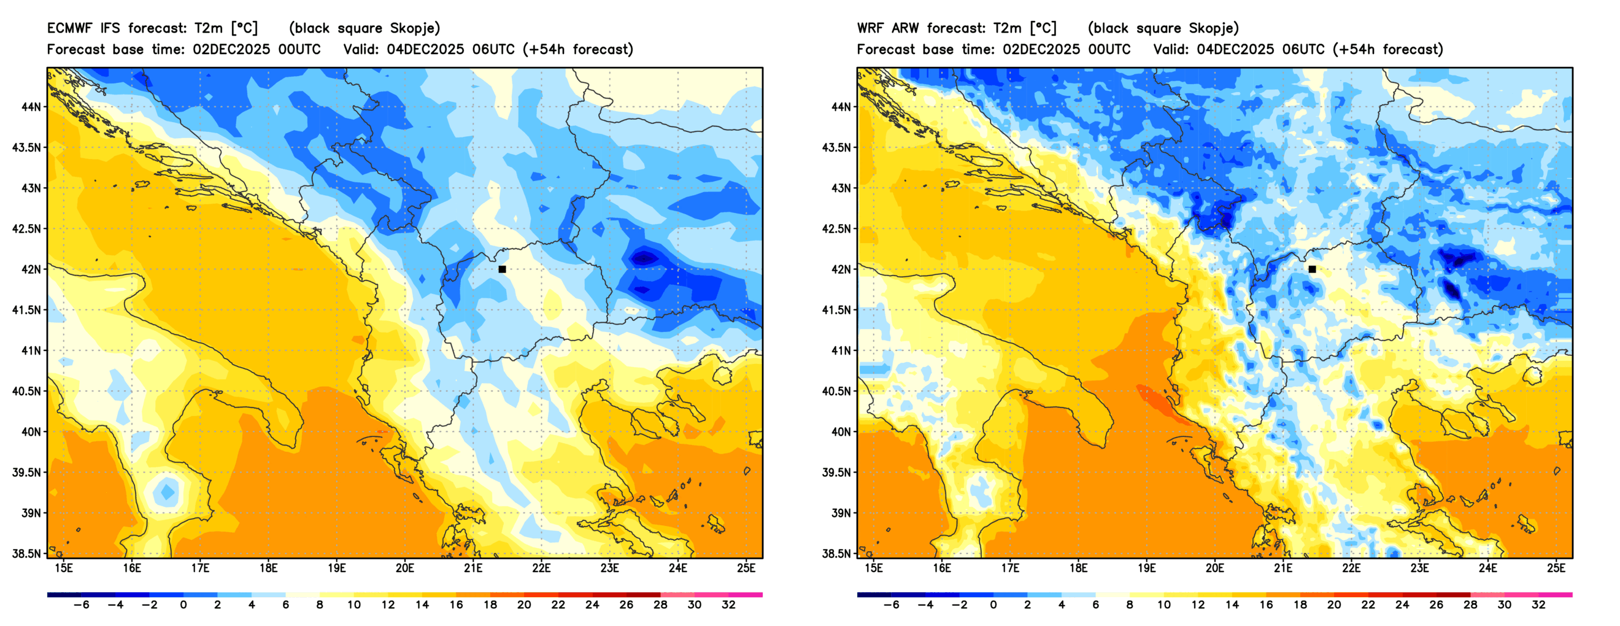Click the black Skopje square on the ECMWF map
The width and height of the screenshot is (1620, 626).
pos(502,269)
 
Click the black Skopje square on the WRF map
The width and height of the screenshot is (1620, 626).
pos(1312,269)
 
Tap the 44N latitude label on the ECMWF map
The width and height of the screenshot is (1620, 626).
pos(31,107)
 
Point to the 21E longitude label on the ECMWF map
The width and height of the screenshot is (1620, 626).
pos(473,568)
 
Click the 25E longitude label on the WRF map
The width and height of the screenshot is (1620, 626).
pos(1556,568)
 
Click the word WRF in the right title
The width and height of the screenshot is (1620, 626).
pos(869,28)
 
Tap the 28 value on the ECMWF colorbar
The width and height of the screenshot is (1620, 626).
pos(660,605)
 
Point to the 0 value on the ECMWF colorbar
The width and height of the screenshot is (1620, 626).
pos(183,605)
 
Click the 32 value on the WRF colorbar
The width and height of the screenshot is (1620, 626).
pos(1538,605)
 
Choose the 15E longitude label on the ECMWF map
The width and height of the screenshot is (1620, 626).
pos(64,568)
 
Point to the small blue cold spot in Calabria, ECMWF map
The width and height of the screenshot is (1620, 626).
pos(168,492)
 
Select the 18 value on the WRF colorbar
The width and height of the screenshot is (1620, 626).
pos(1300,605)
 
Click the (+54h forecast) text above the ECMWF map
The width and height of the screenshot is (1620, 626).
pos(577,50)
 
